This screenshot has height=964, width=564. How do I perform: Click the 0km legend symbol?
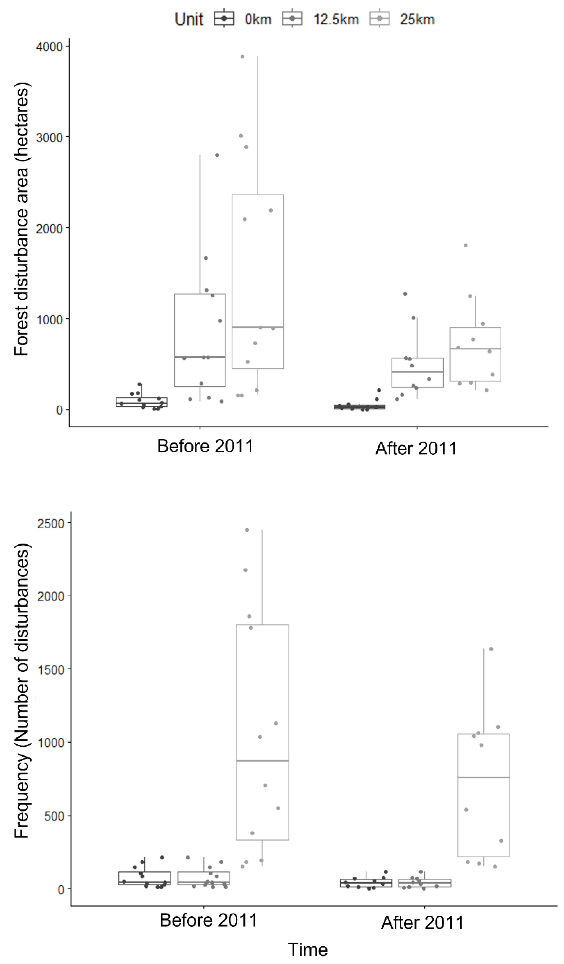pyautogui.click(x=224, y=19)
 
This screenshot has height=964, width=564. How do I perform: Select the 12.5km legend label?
pyautogui.click(x=336, y=19)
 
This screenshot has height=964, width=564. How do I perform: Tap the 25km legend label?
pyautogui.click(x=417, y=19)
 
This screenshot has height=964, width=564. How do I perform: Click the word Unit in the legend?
pyautogui.click(x=189, y=19)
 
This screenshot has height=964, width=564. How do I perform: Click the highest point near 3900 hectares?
pyautogui.click(x=242, y=57)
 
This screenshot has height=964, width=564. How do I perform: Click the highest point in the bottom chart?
pyautogui.click(x=247, y=530)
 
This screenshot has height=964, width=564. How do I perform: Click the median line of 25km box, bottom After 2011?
pyautogui.click(x=484, y=777)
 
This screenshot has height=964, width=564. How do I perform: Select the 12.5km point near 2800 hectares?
pyautogui.click(x=217, y=155)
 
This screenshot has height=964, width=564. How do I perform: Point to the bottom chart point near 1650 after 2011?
pyautogui.click(x=491, y=649)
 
